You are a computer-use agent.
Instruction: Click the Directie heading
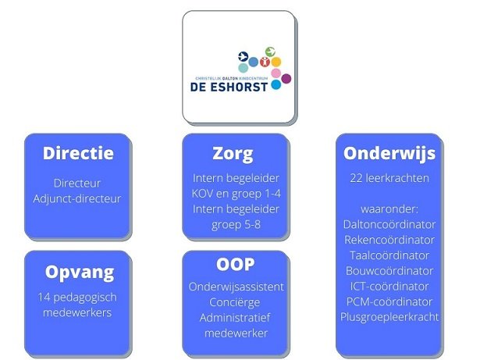[78, 153]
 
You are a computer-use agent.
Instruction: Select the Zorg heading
[233, 154]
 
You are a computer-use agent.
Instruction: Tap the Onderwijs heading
[389, 154]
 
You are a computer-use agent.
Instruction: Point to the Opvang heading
[80, 272]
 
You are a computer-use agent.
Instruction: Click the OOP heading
[236, 265]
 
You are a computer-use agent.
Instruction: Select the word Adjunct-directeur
[77, 199]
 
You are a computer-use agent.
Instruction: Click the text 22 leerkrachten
[389, 178]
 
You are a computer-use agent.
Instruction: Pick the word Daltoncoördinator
[389, 224]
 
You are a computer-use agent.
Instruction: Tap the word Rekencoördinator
[389, 240]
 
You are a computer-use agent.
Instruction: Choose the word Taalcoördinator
[389, 255]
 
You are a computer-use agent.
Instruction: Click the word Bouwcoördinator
[389, 271]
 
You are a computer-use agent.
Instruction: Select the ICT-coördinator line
[389, 286]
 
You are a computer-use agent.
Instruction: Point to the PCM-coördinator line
[389, 301]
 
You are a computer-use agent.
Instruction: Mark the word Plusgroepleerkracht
[389, 317]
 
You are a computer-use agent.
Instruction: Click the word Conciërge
[235, 302]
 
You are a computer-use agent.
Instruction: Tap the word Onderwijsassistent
[236, 287]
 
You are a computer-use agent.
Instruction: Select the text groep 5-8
[236, 225]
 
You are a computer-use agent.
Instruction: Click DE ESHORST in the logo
[229, 87]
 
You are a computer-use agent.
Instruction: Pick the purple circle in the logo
[286, 79]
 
